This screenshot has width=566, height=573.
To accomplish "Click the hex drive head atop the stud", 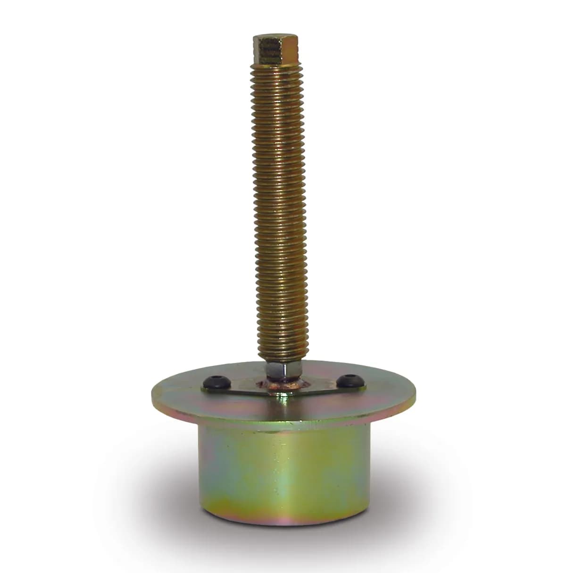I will tap(275, 50).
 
